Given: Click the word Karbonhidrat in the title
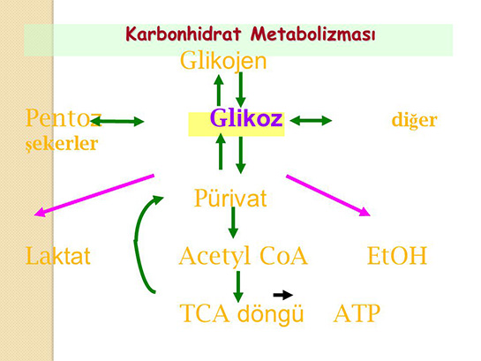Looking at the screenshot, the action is (x=183, y=34).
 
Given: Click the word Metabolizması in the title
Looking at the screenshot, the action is (x=313, y=34).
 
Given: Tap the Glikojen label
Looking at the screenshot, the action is (x=223, y=61).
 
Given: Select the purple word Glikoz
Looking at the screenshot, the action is (x=246, y=118).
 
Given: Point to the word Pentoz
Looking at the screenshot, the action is (x=63, y=118).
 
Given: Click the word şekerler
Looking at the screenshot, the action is (x=62, y=144).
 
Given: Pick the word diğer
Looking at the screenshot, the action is (x=415, y=121).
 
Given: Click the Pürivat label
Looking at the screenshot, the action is (x=230, y=198).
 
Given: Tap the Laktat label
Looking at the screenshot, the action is (x=57, y=255).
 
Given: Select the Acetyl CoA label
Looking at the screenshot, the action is (x=244, y=256).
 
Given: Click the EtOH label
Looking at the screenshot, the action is (x=397, y=255).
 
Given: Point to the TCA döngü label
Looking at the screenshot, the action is (x=242, y=313).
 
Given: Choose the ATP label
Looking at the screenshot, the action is (x=357, y=313).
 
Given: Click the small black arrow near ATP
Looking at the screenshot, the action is (x=282, y=295).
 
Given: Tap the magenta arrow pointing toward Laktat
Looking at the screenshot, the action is (x=94, y=195).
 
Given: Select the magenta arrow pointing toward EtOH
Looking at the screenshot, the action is (x=328, y=195).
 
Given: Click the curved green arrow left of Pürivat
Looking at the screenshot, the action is (x=136, y=243).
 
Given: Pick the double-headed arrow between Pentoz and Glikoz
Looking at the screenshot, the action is (x=117, y=122).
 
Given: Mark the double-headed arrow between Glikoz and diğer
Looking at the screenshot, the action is (x=311, y=121).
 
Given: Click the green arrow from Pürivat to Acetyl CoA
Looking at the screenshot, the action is (x=233, y=222).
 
